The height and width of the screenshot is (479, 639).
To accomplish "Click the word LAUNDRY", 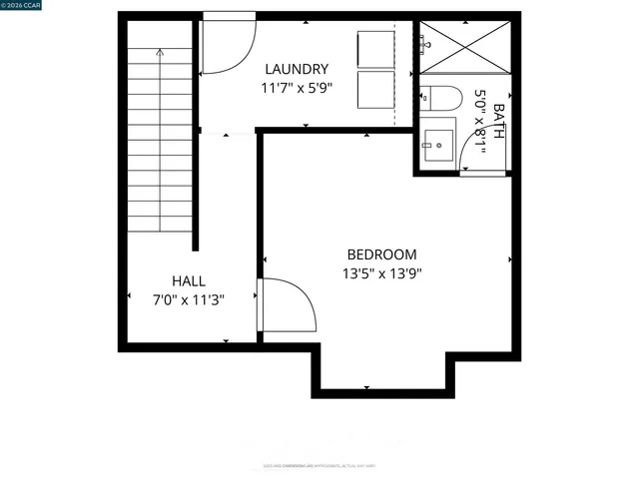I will pyautogui.click(x=297, y=69).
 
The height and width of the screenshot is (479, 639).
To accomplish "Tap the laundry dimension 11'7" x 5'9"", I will pyautogui.click(x=297, y=88).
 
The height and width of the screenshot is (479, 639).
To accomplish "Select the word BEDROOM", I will pyautogui.click(x=381, y=254).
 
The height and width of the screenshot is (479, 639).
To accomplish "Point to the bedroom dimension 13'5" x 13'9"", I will pyautogui.click(x=381, y=273).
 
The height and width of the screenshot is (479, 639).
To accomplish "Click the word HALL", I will pyautogui.click(x=188, y=280).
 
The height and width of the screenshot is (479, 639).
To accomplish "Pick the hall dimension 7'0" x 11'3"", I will pyautogui.click(x=188, y=299).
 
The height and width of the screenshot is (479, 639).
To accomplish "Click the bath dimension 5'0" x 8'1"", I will pyautogui.click(x=480, y=122).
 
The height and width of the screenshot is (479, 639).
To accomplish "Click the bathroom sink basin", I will pyautogui.click(x=436, y=146).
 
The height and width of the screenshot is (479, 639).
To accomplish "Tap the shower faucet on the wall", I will pyautogui.click(x=426, y=44).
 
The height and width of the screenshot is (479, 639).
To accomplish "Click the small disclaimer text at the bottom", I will pyautogui.click(x=319, y=465).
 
